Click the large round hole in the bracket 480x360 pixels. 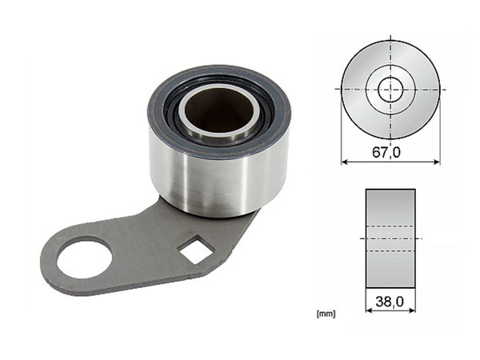pos(82,258)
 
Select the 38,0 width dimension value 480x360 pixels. pos(390,302)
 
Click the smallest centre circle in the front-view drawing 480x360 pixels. pos(390,89)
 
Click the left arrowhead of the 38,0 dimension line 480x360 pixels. pos(369,310)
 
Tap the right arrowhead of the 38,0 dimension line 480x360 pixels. pos(411,310)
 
